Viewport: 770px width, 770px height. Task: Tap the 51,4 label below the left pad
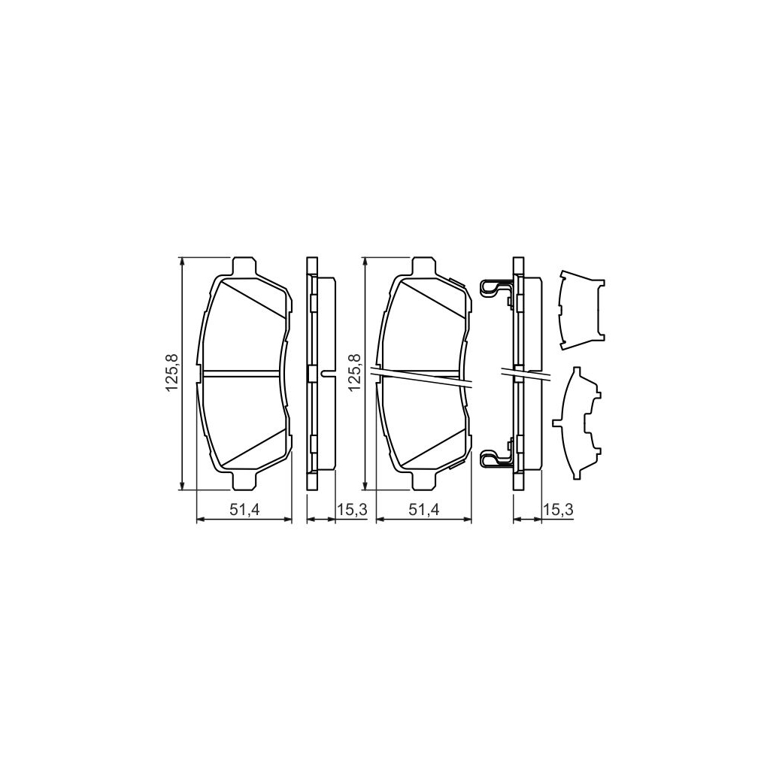point(244,511)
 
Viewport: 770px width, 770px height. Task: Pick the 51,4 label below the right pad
point(424,511)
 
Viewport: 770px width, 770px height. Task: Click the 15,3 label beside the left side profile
point(352,511)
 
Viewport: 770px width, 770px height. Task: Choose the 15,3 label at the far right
point(559,511)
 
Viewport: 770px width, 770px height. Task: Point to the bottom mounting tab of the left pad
point(243,480)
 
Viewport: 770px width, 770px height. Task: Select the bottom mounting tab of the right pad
point(424,480)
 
